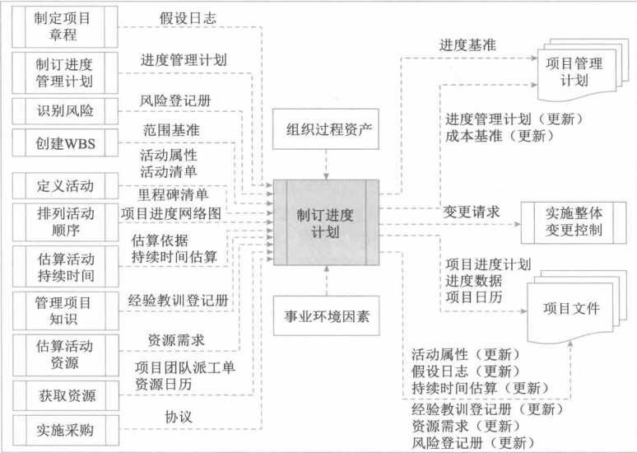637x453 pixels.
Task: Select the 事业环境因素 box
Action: [326, 315]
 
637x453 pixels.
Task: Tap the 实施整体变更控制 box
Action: [574, 220]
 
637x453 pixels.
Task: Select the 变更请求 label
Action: [472, 212]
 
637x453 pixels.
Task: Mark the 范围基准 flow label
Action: [171, 129]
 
